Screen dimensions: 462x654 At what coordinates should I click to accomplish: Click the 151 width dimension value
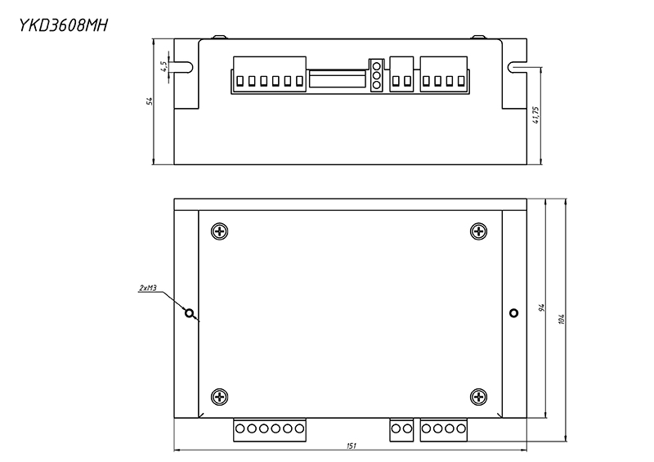coord(350,446)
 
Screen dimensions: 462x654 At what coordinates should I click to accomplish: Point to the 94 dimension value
coord(541,308)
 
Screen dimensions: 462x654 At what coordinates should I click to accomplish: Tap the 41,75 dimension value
coord(535,114)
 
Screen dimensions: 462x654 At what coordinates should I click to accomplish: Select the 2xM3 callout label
coord(148,288)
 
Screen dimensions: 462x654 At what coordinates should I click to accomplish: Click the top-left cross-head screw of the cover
coord(220,231)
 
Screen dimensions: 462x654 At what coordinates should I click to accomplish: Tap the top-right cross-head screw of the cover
coord(479,231)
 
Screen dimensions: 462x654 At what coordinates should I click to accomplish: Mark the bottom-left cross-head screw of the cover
coord(220,397)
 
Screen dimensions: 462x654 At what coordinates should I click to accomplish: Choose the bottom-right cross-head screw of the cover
coord(479,397)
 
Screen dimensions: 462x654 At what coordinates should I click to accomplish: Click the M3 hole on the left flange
coord(190,313)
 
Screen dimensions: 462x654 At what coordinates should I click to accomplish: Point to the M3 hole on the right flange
coord(513,313)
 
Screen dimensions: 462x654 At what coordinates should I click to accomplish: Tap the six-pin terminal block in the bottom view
coord(269,428)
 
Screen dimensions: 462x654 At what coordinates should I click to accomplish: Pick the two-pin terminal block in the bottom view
coord(401,428)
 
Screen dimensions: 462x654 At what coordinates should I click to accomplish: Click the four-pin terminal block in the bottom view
coord(444,428)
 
